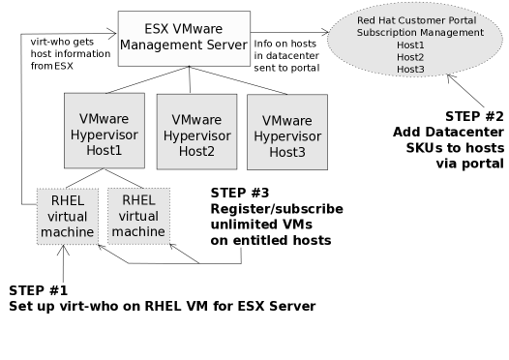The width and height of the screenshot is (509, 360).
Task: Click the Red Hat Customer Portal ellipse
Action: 419,45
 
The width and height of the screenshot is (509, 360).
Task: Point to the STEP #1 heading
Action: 39,290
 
